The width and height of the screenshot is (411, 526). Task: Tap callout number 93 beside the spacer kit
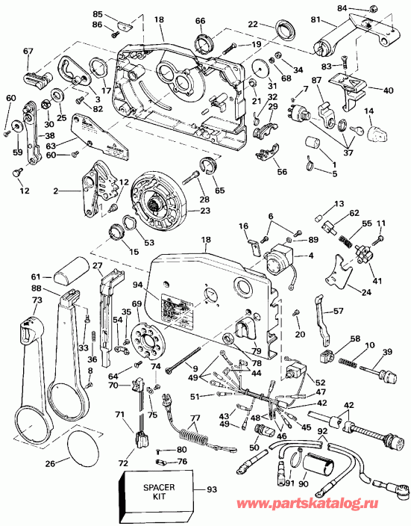pos(212,490)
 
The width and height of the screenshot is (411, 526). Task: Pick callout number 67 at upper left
pos(28,51)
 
